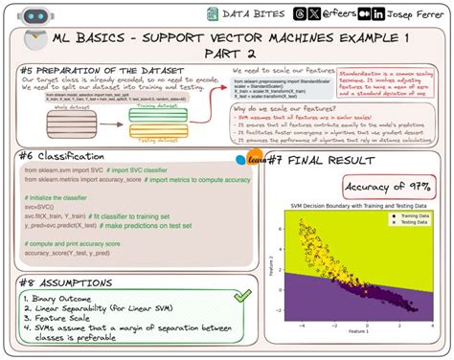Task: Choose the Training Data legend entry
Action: coord(410,216)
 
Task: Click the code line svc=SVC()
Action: coord(45,206)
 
